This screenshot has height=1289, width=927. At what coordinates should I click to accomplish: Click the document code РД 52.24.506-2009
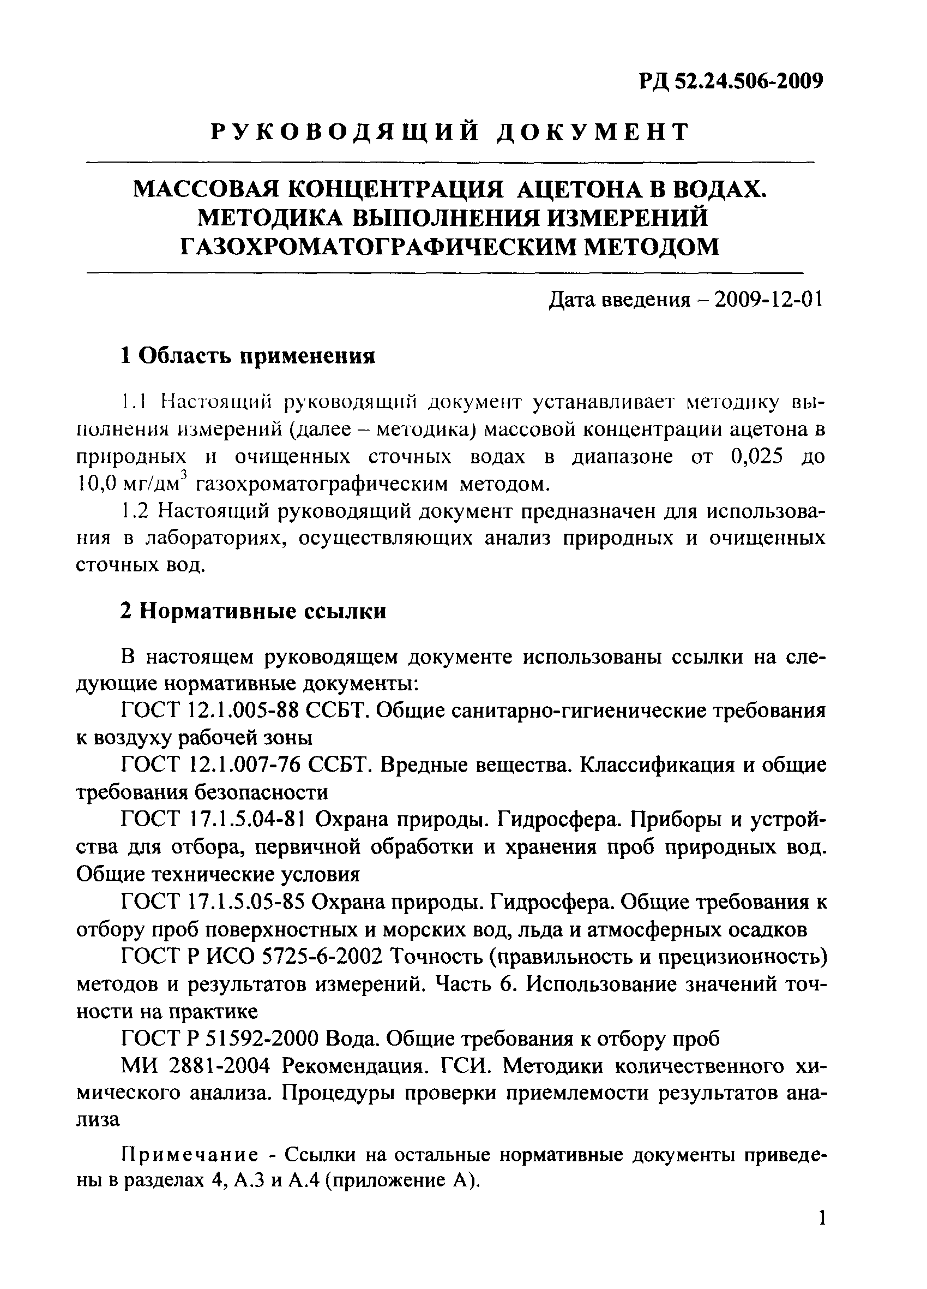click(731, 82)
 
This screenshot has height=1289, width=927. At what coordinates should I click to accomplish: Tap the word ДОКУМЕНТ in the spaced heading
click(594, 133)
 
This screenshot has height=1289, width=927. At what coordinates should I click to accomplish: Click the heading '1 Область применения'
click(248, 356)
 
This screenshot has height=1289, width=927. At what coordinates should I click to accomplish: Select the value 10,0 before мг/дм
click(97, 484)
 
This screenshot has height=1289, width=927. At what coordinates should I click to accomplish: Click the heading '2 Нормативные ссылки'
click(254, 611)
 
